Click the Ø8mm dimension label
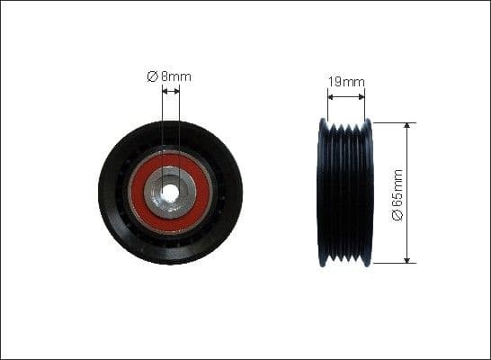(169, 76)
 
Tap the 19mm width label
(346, 82)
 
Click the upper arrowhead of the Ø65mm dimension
(407, 126)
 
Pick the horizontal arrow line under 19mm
(346, 94)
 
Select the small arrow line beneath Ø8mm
(171, 90)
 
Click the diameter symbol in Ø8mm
(152, 76)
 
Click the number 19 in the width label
(335, 82)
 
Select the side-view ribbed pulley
(346, 193)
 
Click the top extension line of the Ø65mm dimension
(392, 122)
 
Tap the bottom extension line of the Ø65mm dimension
(392, 263)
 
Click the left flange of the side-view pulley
(323, 193)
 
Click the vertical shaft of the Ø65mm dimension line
(407, 162)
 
